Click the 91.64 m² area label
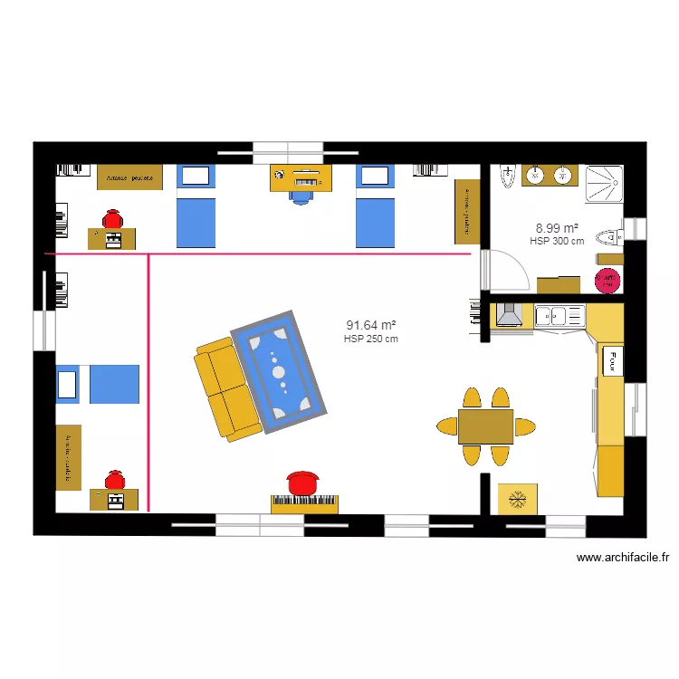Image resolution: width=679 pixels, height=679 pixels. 371,325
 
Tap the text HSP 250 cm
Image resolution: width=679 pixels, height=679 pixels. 371,339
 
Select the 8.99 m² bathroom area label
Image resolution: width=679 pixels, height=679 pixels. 557,228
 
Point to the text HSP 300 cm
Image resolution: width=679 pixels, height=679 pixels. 557,241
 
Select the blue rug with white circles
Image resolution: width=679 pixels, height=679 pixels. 278,368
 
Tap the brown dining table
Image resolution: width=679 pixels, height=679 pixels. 485,426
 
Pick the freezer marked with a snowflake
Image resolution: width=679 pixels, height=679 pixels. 518,499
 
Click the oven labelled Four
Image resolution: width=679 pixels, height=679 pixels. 612,361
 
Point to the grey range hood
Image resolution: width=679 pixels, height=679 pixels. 509,315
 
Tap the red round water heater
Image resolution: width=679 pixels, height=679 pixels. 608,280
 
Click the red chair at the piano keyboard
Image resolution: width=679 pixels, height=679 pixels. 304,483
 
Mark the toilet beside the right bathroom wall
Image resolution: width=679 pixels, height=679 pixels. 613,237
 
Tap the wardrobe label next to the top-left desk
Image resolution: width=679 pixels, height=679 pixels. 130,177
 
